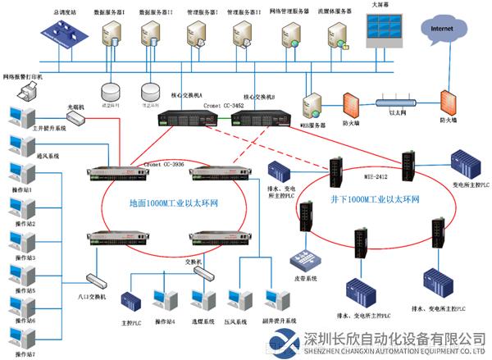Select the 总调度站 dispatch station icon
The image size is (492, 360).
tap(63, 37)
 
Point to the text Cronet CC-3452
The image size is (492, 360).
tap(222, 106)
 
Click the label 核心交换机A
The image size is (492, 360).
tap(187, 95)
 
